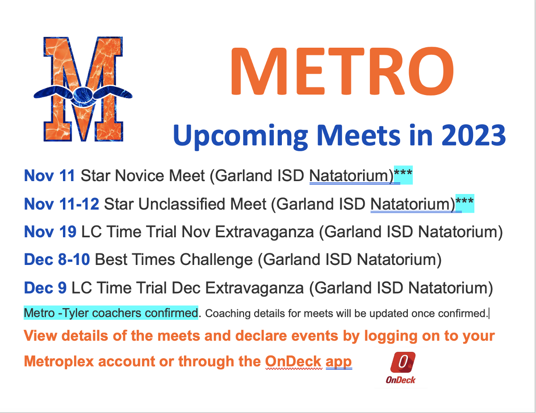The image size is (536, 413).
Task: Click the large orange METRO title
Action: [x=342, y=71]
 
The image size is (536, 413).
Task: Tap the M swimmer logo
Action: [x=83, y=89]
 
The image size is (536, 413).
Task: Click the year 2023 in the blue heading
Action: [x=473, y=136]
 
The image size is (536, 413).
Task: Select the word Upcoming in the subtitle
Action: [x=240, y=136]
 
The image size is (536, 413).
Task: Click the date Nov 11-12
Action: [x=62, y=204]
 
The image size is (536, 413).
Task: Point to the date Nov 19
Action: [x=50, y=232]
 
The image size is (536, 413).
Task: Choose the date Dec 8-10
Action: [x=57, y=260]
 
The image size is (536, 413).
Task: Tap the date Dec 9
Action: [x=45, y=288]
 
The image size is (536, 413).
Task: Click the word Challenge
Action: [x=216, y=260]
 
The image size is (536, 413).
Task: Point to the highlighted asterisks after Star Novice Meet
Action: [x=403, y=174]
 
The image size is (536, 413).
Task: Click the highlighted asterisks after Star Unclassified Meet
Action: [x=465, y=203]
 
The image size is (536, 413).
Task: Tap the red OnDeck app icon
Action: [x=403, y=362]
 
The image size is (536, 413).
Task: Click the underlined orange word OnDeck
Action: [x=293, y=362]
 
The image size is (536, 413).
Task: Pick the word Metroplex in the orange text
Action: [x=59, y=362]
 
